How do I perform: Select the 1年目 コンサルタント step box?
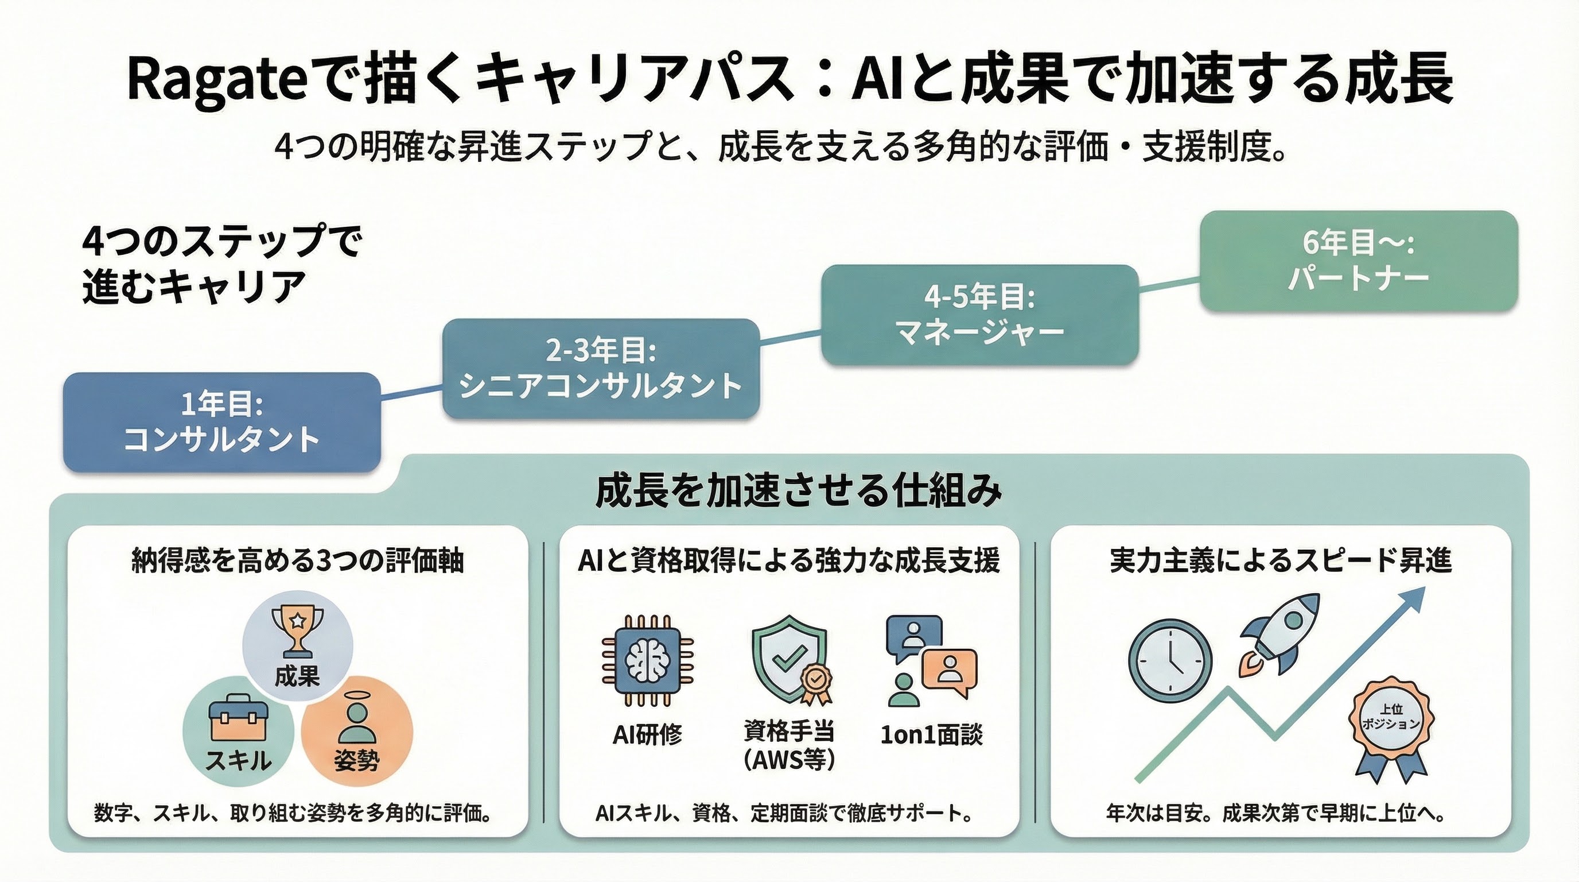click(222, 422)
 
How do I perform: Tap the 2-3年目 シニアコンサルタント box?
click(601, 369)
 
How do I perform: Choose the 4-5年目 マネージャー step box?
click(979, 315)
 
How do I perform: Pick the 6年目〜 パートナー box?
click(1358, 261)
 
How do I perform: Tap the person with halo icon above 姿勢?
click(356, 721)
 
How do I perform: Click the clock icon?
click(1170, 660)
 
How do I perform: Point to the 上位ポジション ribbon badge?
click(1391, 724)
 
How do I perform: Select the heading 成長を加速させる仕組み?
click(799, 492)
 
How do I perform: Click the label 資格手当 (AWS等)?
click(789, 745)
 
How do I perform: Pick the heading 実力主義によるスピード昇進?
click(1281, 560)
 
